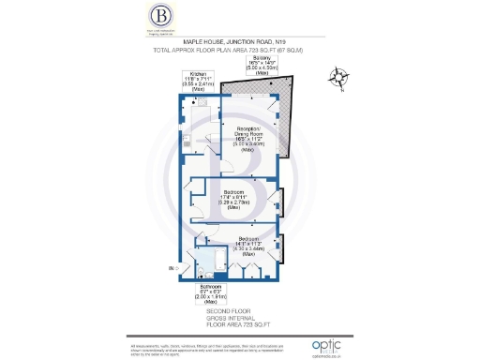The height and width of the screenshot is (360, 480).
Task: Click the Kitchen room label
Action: (198, 73)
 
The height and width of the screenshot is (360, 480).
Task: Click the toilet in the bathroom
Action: (202, 273)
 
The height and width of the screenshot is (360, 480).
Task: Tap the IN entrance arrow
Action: (173, 269)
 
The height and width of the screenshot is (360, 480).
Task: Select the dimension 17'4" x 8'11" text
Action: (231, 196)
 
